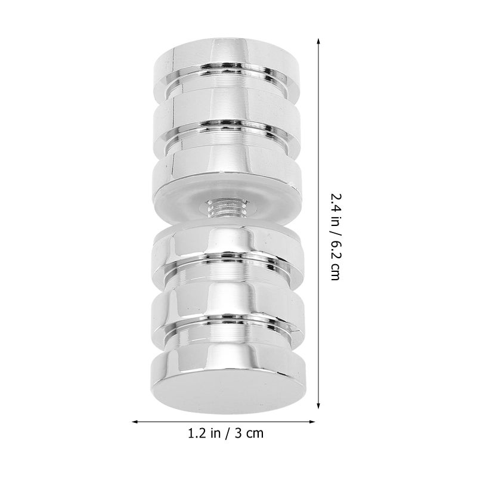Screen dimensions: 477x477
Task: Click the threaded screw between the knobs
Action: (227, 207)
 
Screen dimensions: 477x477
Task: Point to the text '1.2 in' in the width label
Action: (204, 433)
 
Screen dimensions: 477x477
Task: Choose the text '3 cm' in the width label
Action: (249, 433)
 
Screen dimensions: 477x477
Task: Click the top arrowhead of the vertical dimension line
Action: (318, 42)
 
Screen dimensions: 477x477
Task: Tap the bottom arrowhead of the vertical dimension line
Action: (318, 405)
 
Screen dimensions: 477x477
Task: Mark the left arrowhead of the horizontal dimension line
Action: (136, 422)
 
